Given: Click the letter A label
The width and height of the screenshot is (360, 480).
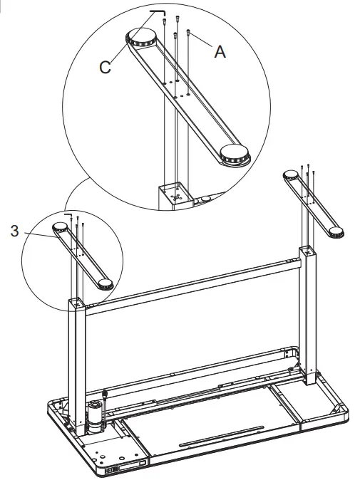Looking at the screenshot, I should (x=220, y=51).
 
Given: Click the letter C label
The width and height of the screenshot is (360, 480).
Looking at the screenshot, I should (x=105, y=68).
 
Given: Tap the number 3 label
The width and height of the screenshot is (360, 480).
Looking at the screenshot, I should (x=15, y=231).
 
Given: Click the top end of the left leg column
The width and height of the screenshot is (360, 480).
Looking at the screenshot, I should (x=77, y=302).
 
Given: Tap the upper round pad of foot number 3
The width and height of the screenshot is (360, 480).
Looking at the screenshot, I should (x=61, y=228).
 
